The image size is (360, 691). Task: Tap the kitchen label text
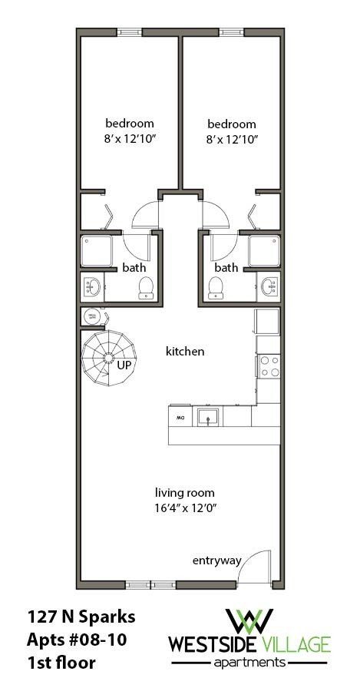(185, 352)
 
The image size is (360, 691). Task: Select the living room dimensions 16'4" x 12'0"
(184, 507)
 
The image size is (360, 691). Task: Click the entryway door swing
(256, 567)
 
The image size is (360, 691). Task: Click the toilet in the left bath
(145, 288)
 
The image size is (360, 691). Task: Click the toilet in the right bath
(215, 288)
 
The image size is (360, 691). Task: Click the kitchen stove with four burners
(269, 366)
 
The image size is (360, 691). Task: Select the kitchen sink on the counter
(207, 417)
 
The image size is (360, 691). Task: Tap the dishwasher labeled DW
(180, 418)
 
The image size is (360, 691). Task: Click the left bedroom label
(130, 124)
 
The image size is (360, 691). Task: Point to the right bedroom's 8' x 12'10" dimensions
(232, 139)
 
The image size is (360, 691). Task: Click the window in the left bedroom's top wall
(129, 32)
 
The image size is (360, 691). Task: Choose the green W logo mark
(249, 620)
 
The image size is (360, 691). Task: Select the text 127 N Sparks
(71, 617)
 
